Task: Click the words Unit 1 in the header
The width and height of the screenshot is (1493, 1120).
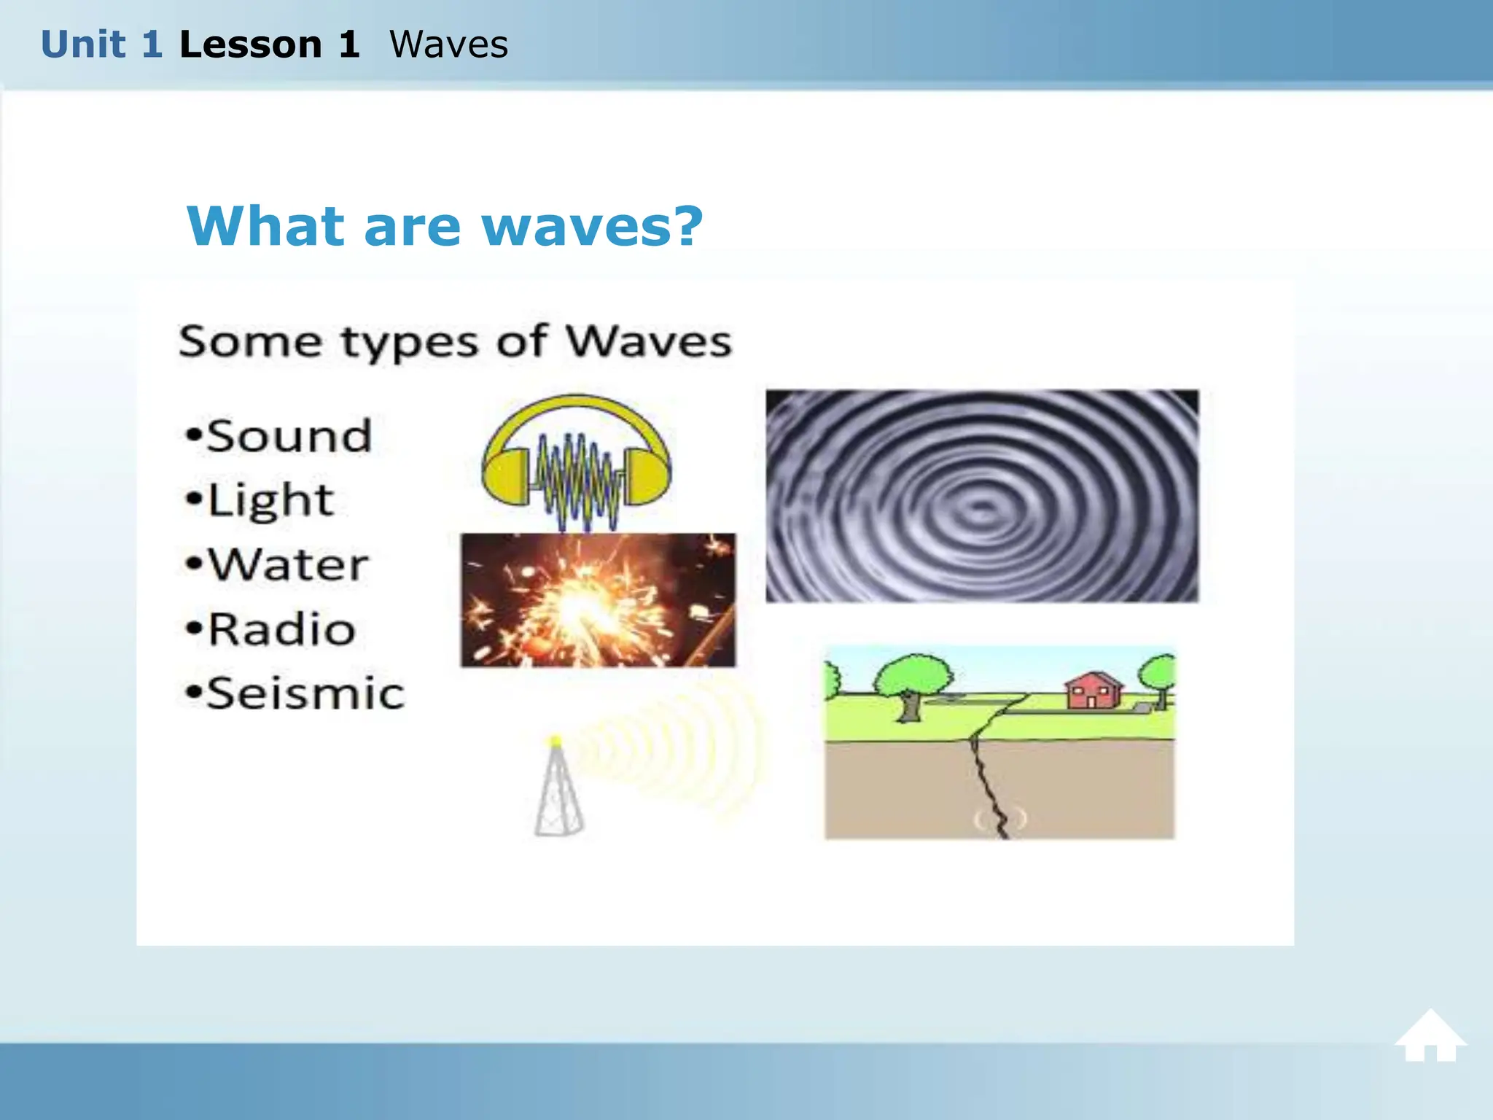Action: pos(101,44)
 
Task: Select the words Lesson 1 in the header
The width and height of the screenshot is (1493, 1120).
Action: pos(269,44)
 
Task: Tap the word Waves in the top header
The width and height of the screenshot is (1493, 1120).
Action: pos(448,44)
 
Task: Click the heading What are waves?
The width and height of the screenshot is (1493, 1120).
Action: pos(445,226)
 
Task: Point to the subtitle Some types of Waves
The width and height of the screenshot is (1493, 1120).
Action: pos(455,341)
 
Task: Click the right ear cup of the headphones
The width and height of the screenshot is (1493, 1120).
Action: pos(647,477)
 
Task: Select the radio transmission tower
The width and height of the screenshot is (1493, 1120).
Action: pos(558,791)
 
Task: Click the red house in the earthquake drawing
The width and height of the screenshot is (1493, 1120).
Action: pos(1092,691)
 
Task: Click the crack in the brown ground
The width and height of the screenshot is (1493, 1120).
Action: pos(988,784)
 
